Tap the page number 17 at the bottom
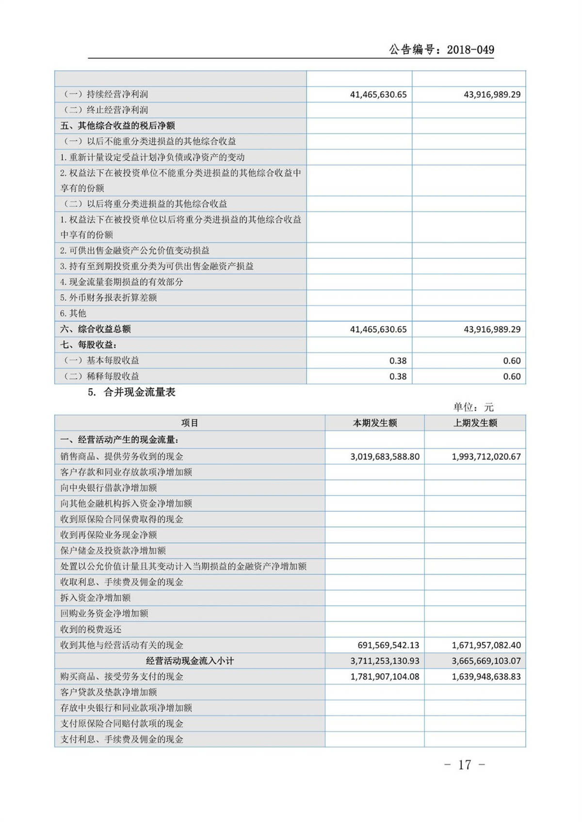464,765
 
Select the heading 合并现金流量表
139,393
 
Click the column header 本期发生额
374,423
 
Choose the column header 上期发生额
475,423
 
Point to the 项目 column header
190,423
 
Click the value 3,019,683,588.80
385,457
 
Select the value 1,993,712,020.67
486,457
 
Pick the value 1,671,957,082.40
486,646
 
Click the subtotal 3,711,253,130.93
385,661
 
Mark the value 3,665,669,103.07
486,661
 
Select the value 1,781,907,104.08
385,677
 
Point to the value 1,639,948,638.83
486,677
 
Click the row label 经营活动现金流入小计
190,661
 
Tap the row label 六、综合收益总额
96,329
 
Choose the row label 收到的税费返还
91,630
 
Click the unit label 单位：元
473,408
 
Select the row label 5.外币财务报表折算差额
109,298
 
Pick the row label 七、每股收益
89,345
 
